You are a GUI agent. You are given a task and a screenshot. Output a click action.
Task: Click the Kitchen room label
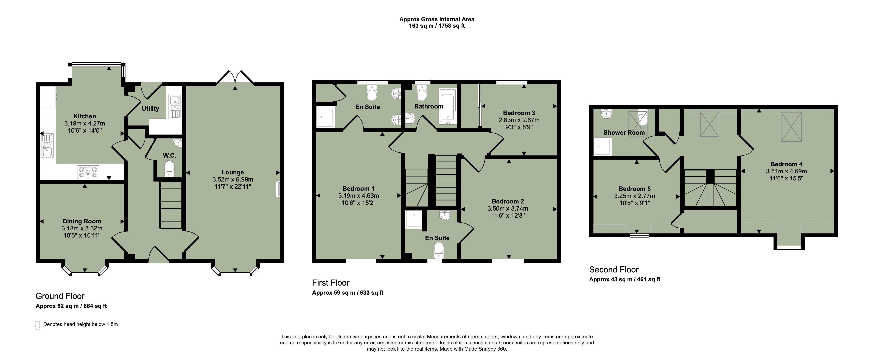click(x=85, y=116)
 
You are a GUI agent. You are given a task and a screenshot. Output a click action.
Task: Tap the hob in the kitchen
click(x=88, y=172)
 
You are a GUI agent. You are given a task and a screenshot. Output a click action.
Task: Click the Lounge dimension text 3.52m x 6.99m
click(x=233, y=180)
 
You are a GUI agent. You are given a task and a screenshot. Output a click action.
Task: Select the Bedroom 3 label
click(x=519, y=113)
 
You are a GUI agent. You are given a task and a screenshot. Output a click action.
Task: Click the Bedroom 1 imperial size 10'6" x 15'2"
click(x=359, y=203)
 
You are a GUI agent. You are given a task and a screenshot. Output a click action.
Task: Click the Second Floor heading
click(x=614, y=270)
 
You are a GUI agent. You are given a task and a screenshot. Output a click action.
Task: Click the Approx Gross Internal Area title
click(x=437, y=19)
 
